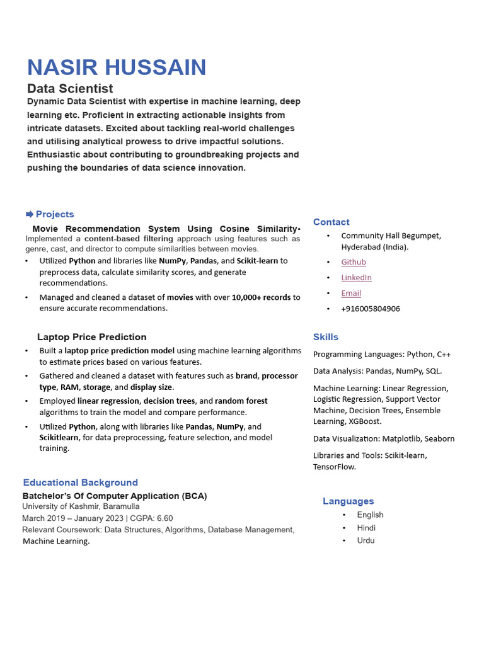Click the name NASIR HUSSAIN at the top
point(117,67)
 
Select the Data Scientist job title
point(70,89)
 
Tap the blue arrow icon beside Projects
point(30,214)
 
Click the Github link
point(354,262)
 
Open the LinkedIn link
point(356,278)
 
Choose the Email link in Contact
point(351,294)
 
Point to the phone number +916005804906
point(371,309)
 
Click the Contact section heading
point(331,222)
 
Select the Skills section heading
point(326,337)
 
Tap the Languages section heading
point(348,501)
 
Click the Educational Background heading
point(80,482)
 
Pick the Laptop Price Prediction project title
point(91,337)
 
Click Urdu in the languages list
point(366,540)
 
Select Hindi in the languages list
point(366,528)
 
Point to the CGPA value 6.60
point(164,518)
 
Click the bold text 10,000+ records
point(261,297)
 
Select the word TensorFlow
point(334,467)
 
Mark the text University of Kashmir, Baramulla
point(81,506)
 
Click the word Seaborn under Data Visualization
point(439,439)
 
